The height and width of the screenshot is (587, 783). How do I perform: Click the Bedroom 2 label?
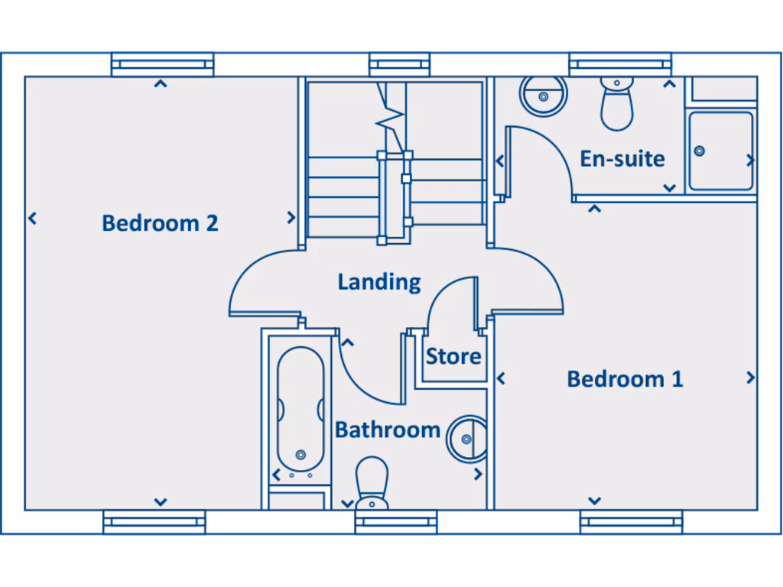160,223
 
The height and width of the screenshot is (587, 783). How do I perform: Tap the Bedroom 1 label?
625,379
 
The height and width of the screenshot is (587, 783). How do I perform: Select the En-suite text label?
622,159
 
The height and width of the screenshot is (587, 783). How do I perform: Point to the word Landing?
379,282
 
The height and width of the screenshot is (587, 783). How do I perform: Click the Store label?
453,356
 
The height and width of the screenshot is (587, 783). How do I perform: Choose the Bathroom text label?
387,430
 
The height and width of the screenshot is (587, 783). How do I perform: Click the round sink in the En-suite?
544,96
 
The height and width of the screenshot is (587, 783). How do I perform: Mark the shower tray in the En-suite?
720,151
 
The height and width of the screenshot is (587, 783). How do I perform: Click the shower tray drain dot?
699,151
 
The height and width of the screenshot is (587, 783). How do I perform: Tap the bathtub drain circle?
301,455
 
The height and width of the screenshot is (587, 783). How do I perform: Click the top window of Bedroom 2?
162,64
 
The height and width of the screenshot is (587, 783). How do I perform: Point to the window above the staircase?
399,64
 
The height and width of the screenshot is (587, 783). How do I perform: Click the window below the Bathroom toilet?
396,522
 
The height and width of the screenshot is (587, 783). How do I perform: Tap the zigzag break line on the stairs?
390,115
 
